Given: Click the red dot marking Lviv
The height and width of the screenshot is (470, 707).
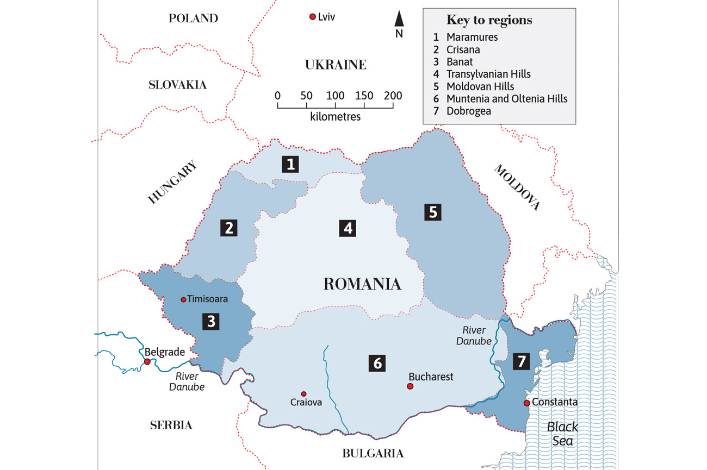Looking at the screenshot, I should tap(312, 17).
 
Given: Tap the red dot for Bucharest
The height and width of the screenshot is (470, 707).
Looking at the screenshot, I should tap(410, 386).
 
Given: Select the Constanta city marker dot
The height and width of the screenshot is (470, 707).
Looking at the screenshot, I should tap(526, 403).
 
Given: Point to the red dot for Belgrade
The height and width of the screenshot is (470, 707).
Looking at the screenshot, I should tap(147, 361).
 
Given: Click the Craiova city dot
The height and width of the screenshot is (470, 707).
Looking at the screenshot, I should tap(303, 393).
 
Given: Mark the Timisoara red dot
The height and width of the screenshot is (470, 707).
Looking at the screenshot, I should tap(183, 299).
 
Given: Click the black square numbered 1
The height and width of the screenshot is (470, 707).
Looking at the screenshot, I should tap(290, 164).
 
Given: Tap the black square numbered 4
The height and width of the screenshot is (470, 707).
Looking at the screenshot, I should tap(348, 228).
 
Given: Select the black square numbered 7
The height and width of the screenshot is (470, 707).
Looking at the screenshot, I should tap(521, 361).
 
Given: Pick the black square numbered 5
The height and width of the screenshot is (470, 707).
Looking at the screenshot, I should tap(432, 211).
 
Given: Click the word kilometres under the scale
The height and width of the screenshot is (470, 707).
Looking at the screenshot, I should tap(336, 116).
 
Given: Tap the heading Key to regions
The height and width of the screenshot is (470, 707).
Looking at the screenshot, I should tap(489, 21).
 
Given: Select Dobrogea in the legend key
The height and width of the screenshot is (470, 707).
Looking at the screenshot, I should tap(468, 111).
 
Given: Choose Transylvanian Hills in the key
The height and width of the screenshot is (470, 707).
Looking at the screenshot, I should tap(488, 74).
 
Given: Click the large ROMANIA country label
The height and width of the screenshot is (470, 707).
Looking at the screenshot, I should tap(362, 284).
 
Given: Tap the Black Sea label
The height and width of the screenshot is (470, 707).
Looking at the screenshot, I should tap(562, 433).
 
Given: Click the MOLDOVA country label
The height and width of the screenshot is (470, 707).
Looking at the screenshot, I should tap(517, 187).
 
